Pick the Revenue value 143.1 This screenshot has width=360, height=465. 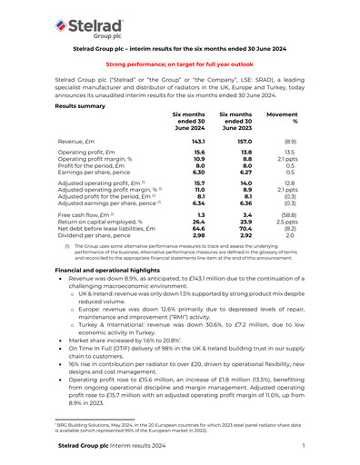pyautogui.click(x=195, y=143)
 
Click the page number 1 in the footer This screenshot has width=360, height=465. pyautogui.click(x=302, y=446)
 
